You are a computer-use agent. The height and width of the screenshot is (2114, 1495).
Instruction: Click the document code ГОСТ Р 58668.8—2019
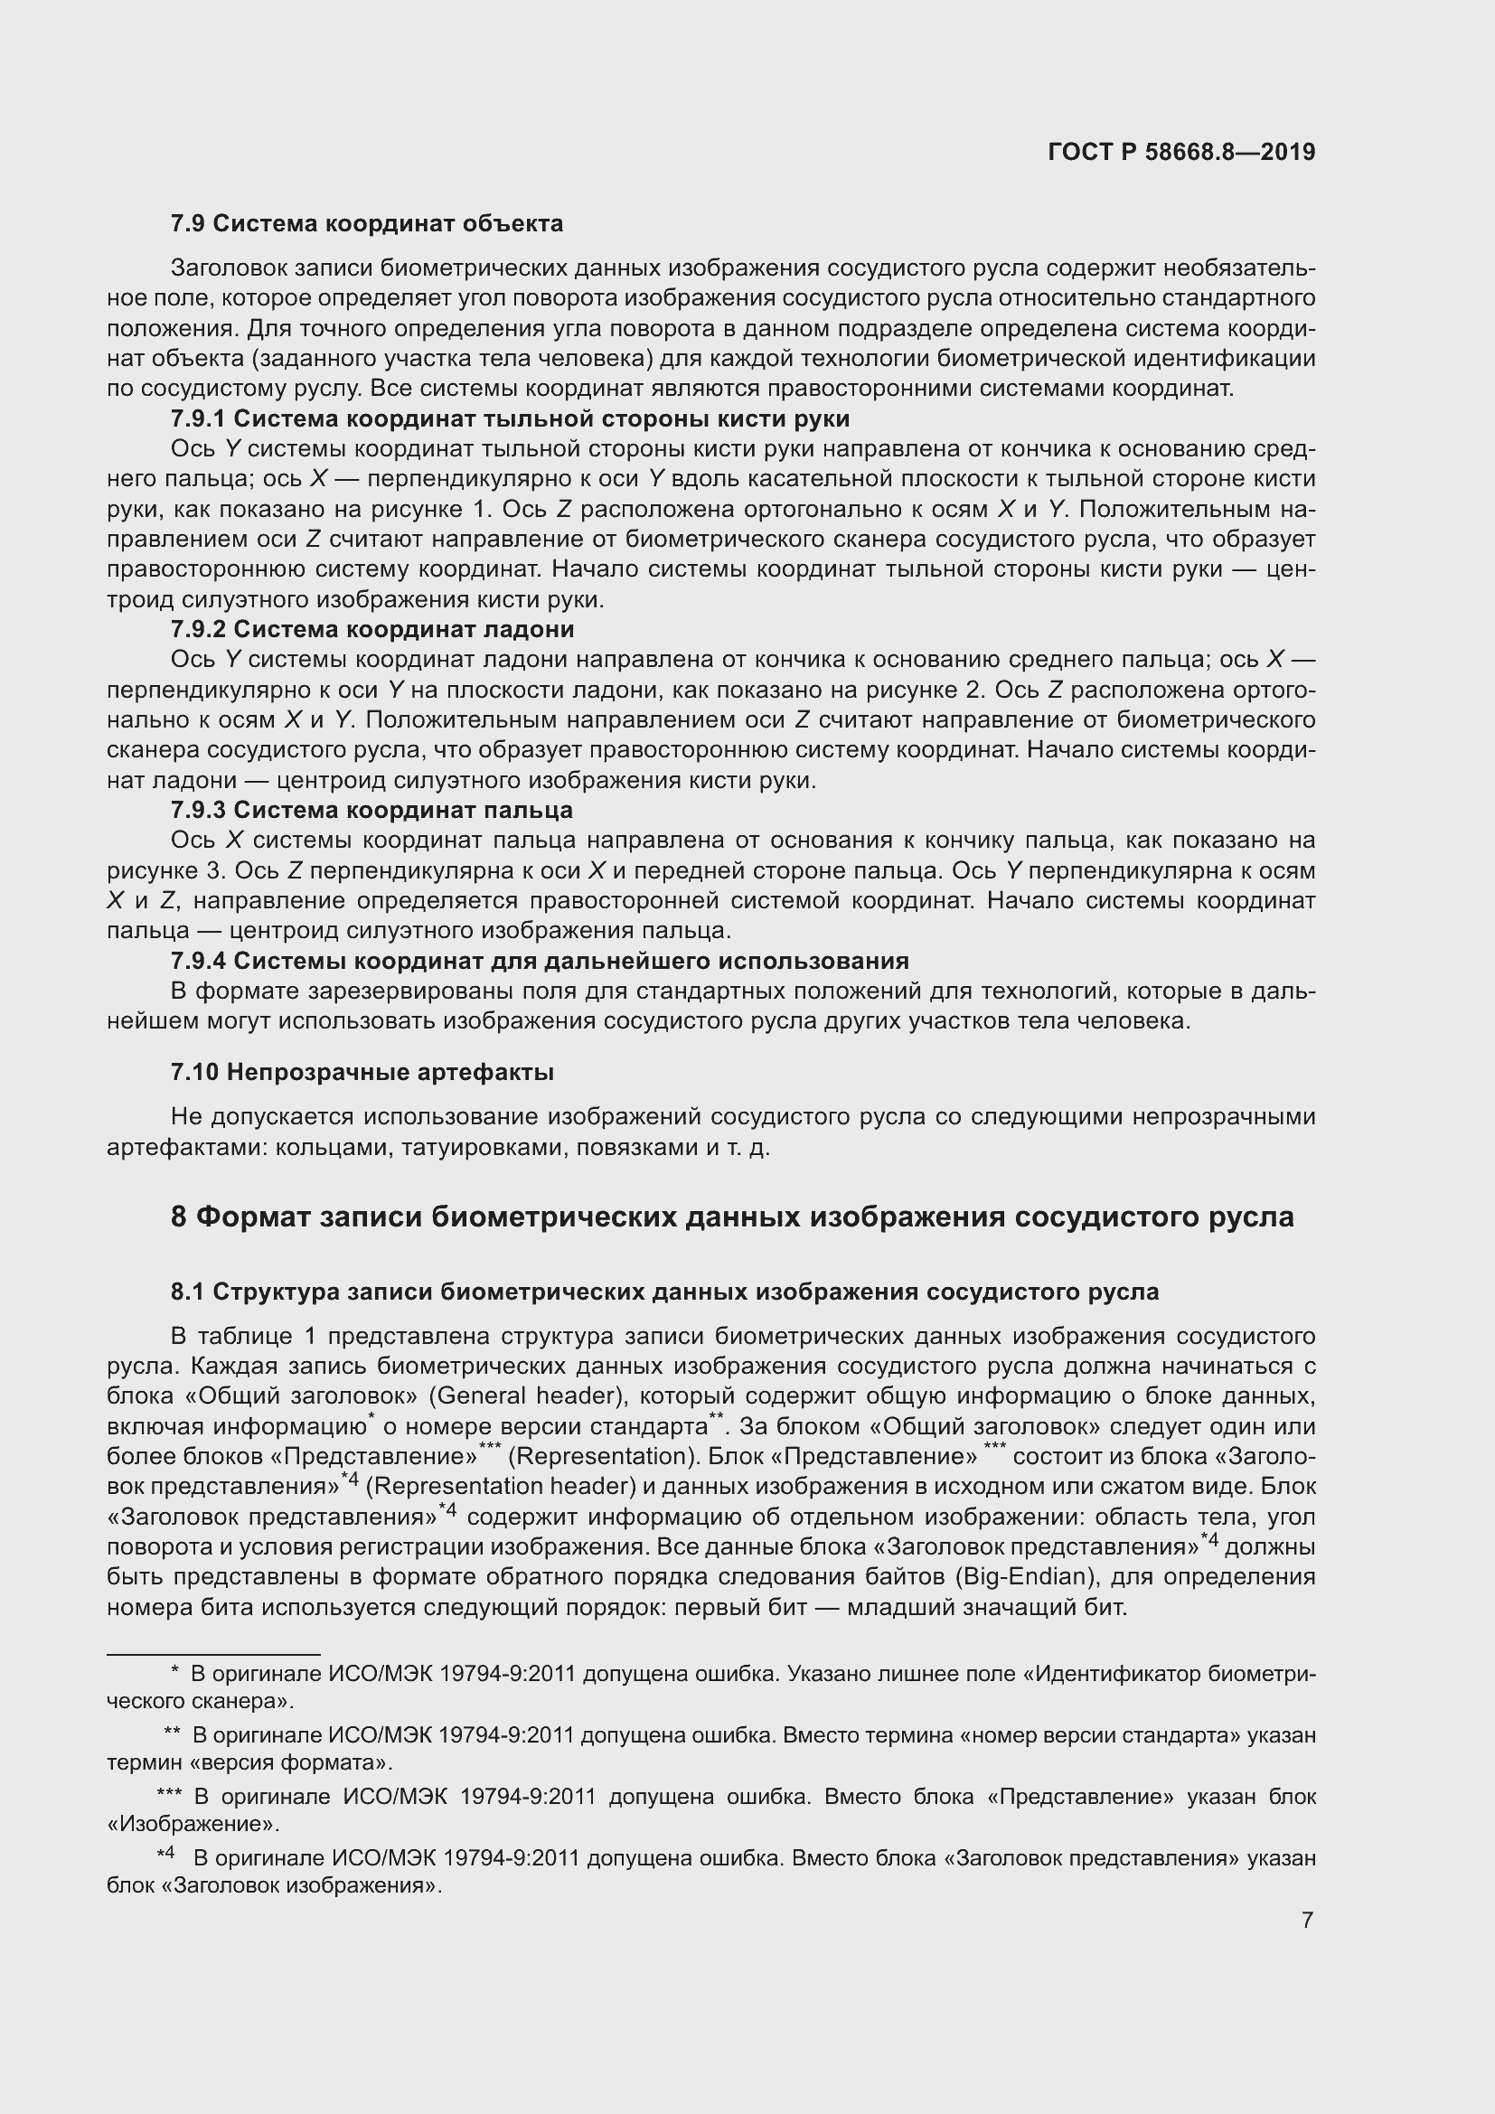[1181, 152]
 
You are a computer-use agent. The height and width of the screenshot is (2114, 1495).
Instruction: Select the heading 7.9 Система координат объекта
[366, 224]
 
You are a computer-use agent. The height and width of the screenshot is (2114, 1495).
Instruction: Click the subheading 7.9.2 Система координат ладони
[371, 630]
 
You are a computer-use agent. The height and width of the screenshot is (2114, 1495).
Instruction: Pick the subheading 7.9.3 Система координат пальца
[371, 810]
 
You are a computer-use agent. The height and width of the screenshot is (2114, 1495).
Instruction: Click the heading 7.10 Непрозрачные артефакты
[362, 1073]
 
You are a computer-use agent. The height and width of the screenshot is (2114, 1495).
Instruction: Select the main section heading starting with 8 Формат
[732, 1217]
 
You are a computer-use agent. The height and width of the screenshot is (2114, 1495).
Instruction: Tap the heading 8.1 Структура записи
[663, 1292]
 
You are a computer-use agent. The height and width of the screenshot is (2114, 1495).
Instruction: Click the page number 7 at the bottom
[1307, 1913]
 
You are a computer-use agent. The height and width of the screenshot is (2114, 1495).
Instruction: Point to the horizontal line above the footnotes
[212, 1655]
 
